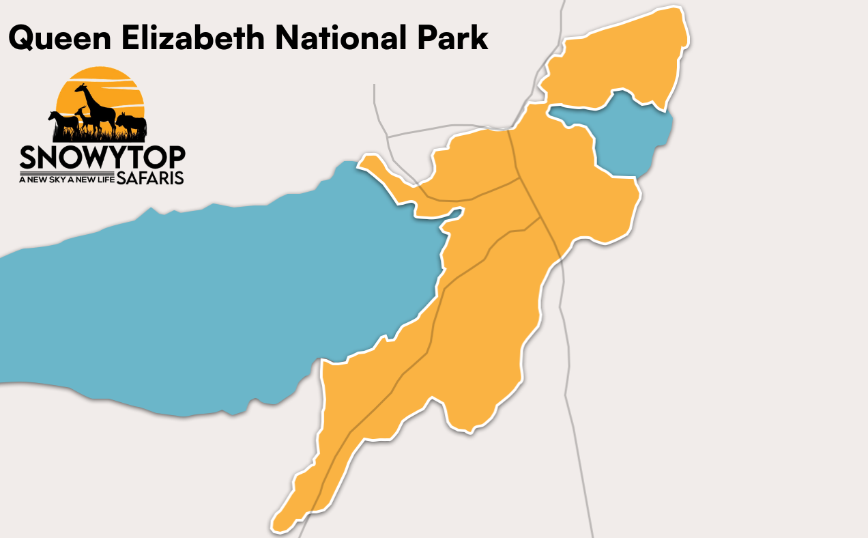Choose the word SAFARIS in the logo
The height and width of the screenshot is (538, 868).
pyautogui.click(x=149, y=178)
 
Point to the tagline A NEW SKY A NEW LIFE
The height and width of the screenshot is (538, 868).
pyautogui.click(x=66, y=180)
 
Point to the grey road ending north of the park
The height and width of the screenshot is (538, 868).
pyautogui.click(x=375, y=102)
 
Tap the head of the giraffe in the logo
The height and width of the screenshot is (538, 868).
pyautogui.click(x=79, y=88)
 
